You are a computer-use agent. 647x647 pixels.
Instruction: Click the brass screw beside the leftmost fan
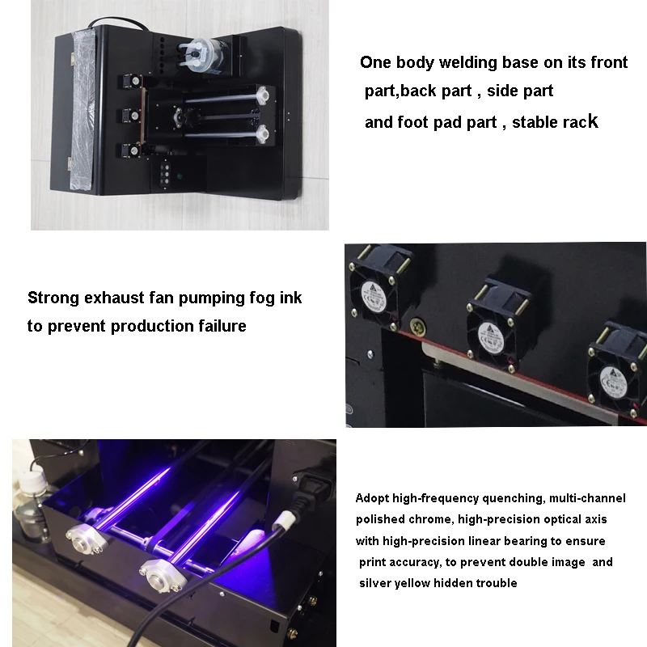tap(417, 328)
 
